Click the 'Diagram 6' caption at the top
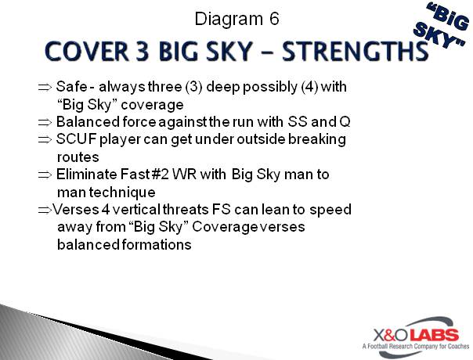pos(236,18)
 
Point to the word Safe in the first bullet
pos(70,88)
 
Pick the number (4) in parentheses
pos(296,88)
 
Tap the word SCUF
pos(74,139)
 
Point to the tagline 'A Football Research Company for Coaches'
pos(413,345)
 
